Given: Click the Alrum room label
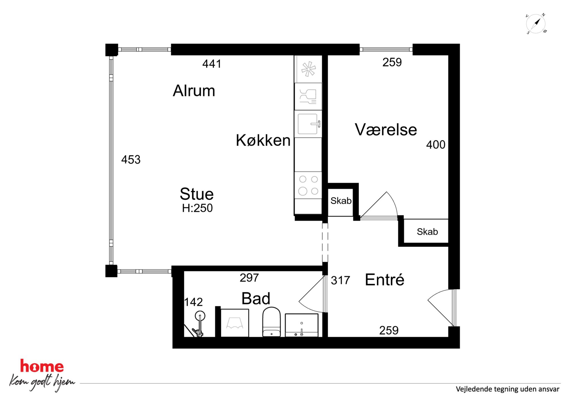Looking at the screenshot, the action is click(194, 91).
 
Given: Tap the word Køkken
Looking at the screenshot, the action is click(263, 140).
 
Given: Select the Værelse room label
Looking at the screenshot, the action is click(386, 130).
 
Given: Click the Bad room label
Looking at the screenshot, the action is click(256, 299).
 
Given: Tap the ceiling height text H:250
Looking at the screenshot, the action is click(197, 208).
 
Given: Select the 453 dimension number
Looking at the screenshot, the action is click(131, 160).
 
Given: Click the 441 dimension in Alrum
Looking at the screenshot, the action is click(212, 64).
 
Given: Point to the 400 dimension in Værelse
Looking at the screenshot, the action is click(436, 145).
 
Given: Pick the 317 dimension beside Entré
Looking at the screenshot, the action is click(340, 280).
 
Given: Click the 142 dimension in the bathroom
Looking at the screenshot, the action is click(193, 302).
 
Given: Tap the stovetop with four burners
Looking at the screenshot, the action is click(308, 185).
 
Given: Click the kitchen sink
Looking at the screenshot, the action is click(308, 124).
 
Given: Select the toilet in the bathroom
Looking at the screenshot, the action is click(271, 322).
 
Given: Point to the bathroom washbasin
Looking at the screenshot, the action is click(302, 325).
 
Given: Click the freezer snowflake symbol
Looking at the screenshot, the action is click(309, 69).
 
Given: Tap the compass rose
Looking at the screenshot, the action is click(536, 24).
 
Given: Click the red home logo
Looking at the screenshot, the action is click(42, 366).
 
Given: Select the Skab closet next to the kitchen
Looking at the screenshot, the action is click(341, 201).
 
